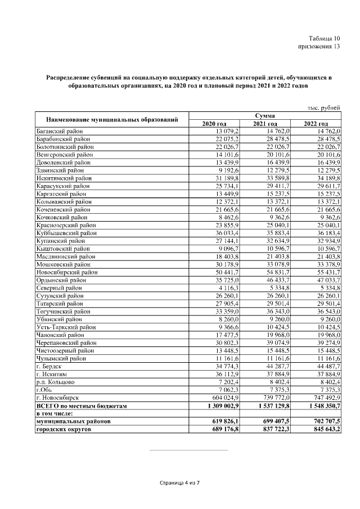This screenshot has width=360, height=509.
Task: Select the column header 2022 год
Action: (316, 124)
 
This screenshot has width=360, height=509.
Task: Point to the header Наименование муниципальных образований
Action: (112, 119)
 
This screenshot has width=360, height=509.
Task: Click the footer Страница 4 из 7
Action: (180, 483)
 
